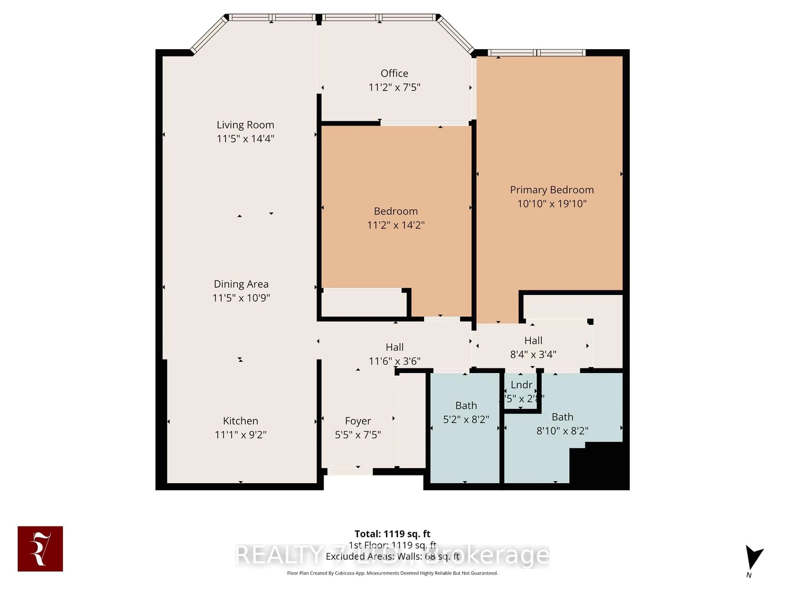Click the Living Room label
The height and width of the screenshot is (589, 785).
245,125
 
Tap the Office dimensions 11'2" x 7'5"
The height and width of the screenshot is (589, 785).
394,87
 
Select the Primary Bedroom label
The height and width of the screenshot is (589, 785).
552,190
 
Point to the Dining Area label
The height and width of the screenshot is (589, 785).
241,284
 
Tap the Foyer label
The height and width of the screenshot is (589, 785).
358,421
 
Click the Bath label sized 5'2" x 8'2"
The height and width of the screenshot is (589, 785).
466,405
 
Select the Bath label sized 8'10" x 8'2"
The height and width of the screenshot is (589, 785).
562,417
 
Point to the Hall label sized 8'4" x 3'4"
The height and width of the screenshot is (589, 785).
533,341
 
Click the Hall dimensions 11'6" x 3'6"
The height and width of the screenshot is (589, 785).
394,361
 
